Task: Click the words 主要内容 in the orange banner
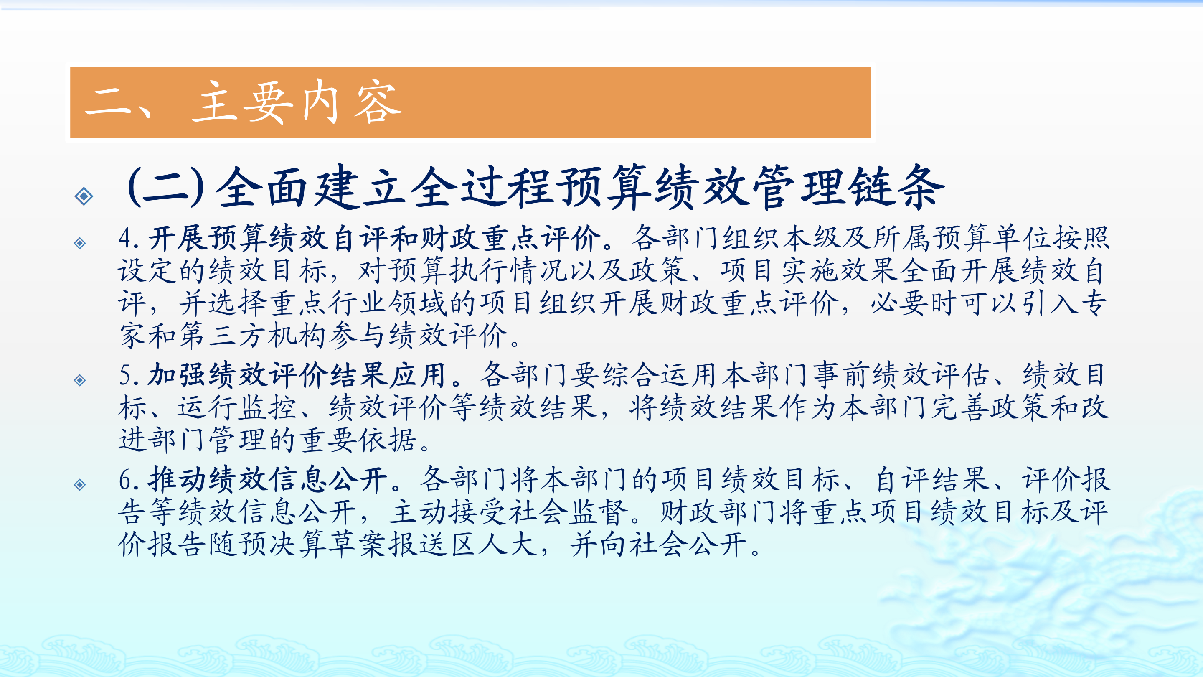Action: tap(297, 102)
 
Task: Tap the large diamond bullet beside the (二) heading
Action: tap(84, 196)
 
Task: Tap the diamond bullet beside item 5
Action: tap(80, 380)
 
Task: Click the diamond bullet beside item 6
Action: tap(80, 484)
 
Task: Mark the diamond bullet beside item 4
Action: tap(80, 243)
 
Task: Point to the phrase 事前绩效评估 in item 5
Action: tap(902, 375)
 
